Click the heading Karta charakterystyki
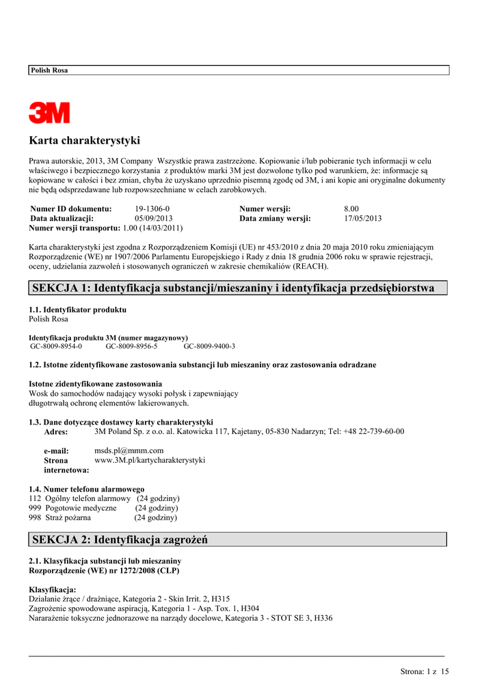click(x=84, y=141)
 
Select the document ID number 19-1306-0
click(x=152, y=208)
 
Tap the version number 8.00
click(x=351, y=208)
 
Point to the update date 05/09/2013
click(x=154, y=218)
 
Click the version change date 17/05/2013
click(x=362, y=218)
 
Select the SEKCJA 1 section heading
click(x=233, y=288)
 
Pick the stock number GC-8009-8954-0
click(x=56, y=346)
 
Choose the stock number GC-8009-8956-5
click(x=131, y=346)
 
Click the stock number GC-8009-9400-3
click(x=209, y=346)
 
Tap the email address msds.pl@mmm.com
click(x=129, y=450)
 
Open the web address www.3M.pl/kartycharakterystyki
click(x=149, y=460)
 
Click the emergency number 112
click(x=35, y=498)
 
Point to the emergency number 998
click(x=35, y=517)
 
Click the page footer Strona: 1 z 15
click(x=425, y=672)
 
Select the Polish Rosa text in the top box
click(x=49, y=70)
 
